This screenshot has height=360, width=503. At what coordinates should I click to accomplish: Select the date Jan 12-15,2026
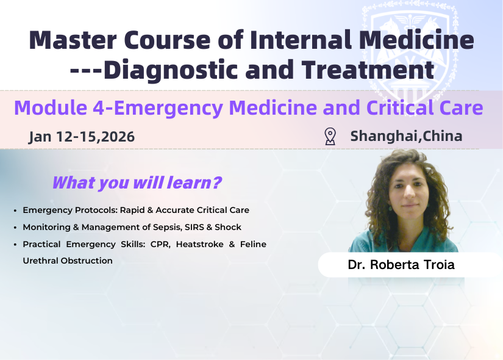82,136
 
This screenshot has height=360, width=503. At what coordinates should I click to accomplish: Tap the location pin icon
330,136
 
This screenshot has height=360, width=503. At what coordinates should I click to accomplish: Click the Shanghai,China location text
406,136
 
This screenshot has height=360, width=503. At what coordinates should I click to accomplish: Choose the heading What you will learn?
137,182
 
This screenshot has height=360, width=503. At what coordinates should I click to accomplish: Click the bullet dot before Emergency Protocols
15,211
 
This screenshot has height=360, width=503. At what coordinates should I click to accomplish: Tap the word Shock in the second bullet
228,227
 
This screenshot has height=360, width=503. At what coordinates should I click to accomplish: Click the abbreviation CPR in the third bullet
148,244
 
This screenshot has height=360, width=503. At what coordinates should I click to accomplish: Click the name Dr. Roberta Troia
401,265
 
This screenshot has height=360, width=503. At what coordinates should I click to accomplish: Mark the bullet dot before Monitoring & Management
15,228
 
